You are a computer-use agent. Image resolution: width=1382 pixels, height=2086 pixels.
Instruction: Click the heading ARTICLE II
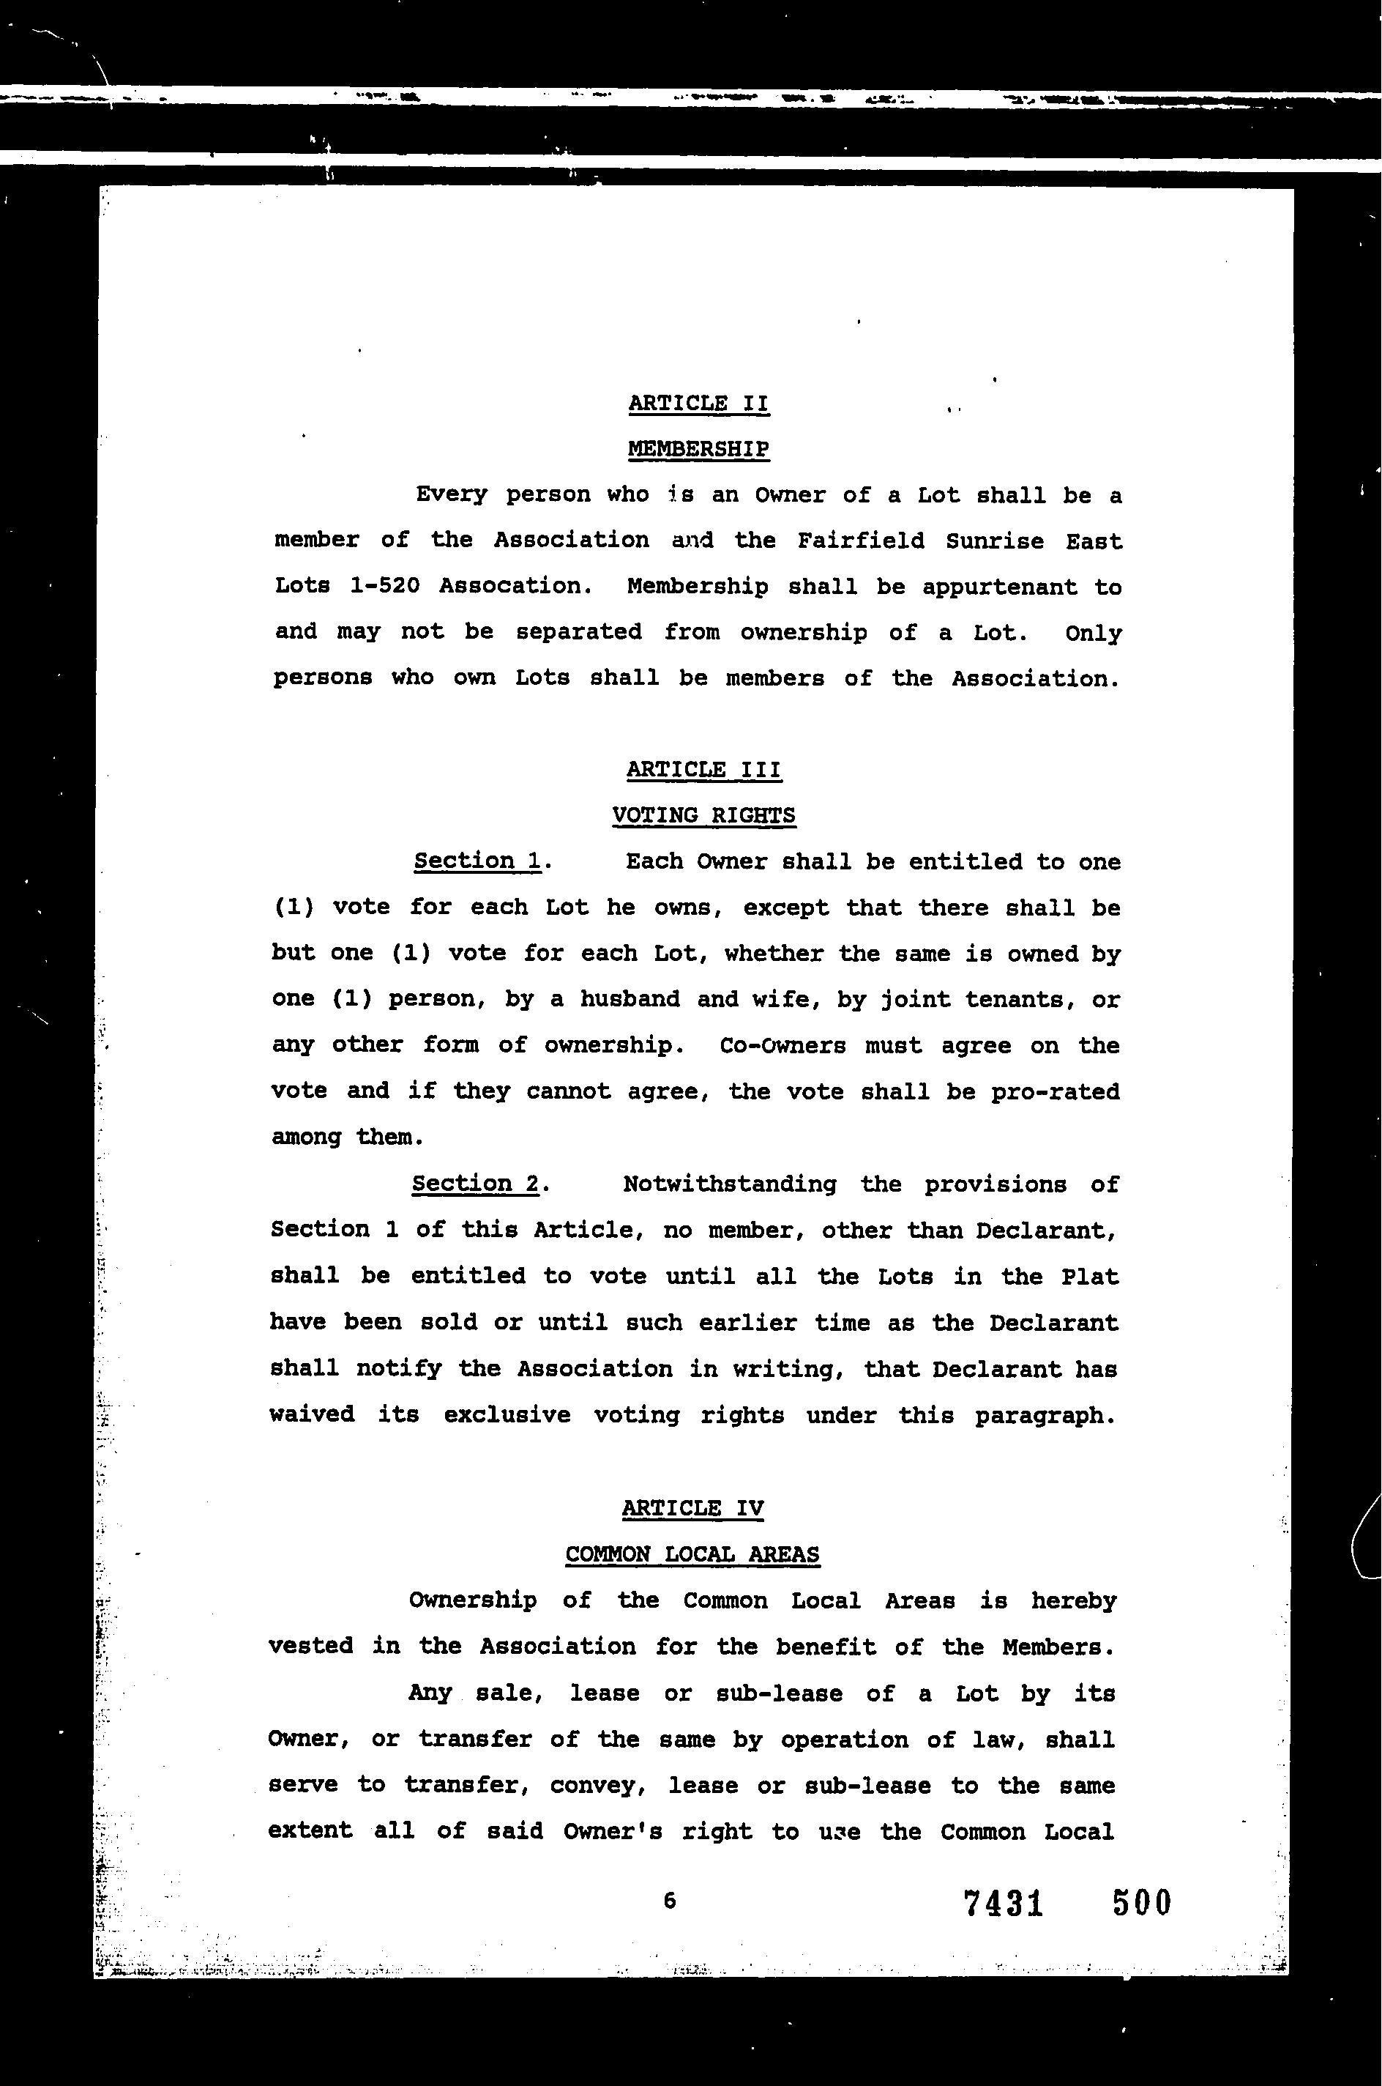tap(698, 404)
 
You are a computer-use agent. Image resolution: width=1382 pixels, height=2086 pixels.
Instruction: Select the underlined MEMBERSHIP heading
tap(698, 450)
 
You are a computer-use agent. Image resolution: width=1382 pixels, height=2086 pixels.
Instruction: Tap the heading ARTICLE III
tap(703, 770)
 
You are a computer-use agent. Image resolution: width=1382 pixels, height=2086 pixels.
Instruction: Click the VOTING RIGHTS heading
tap(703, 815)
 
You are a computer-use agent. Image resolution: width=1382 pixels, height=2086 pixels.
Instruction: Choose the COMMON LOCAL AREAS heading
tap(692, 1554)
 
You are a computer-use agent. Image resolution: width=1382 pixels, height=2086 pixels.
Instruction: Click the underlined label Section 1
tap(477, 861)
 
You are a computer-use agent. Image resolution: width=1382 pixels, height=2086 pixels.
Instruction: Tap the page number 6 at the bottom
tap(670, 1901)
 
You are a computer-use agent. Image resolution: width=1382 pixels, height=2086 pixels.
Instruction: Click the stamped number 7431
tap(1004, 1903)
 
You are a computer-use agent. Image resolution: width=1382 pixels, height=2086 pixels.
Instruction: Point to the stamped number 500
tap(1141, 1903)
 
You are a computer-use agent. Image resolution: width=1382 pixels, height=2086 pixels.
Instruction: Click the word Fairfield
tap(860, 541)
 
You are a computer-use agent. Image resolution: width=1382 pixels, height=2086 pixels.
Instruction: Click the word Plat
tap(1089, 1276)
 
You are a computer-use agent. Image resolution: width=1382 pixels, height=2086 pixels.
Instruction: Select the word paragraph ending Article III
tap(1045, 1415)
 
